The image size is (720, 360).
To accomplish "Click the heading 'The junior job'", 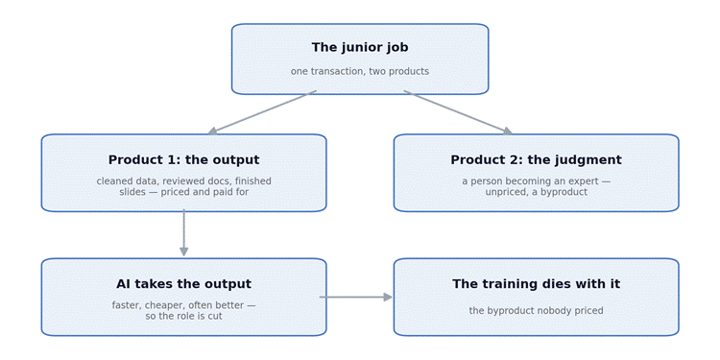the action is tap(360, 47).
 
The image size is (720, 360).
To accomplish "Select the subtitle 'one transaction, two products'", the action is tap(360, 71).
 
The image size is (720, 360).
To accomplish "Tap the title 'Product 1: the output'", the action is tap(183, 159).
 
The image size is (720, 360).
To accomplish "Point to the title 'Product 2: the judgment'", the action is tap(536, 159).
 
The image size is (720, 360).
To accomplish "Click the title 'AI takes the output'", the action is tap(183, 284).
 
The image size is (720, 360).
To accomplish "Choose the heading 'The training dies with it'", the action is tap(536, 284).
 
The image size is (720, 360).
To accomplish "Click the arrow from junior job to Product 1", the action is tap(262, 112).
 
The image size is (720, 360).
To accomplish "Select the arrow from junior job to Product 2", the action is tap(458, 112).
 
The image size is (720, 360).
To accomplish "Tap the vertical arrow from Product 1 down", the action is tap(183, 233).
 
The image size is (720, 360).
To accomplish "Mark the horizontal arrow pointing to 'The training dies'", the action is tap(356, 297).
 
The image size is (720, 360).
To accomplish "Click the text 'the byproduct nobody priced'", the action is tap(536, 310).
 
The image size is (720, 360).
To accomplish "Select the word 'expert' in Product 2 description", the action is tap(585, 181).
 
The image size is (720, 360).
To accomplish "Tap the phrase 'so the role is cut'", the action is tap(183, 316).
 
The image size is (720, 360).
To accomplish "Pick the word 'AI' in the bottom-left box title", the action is tap(123, 284).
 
